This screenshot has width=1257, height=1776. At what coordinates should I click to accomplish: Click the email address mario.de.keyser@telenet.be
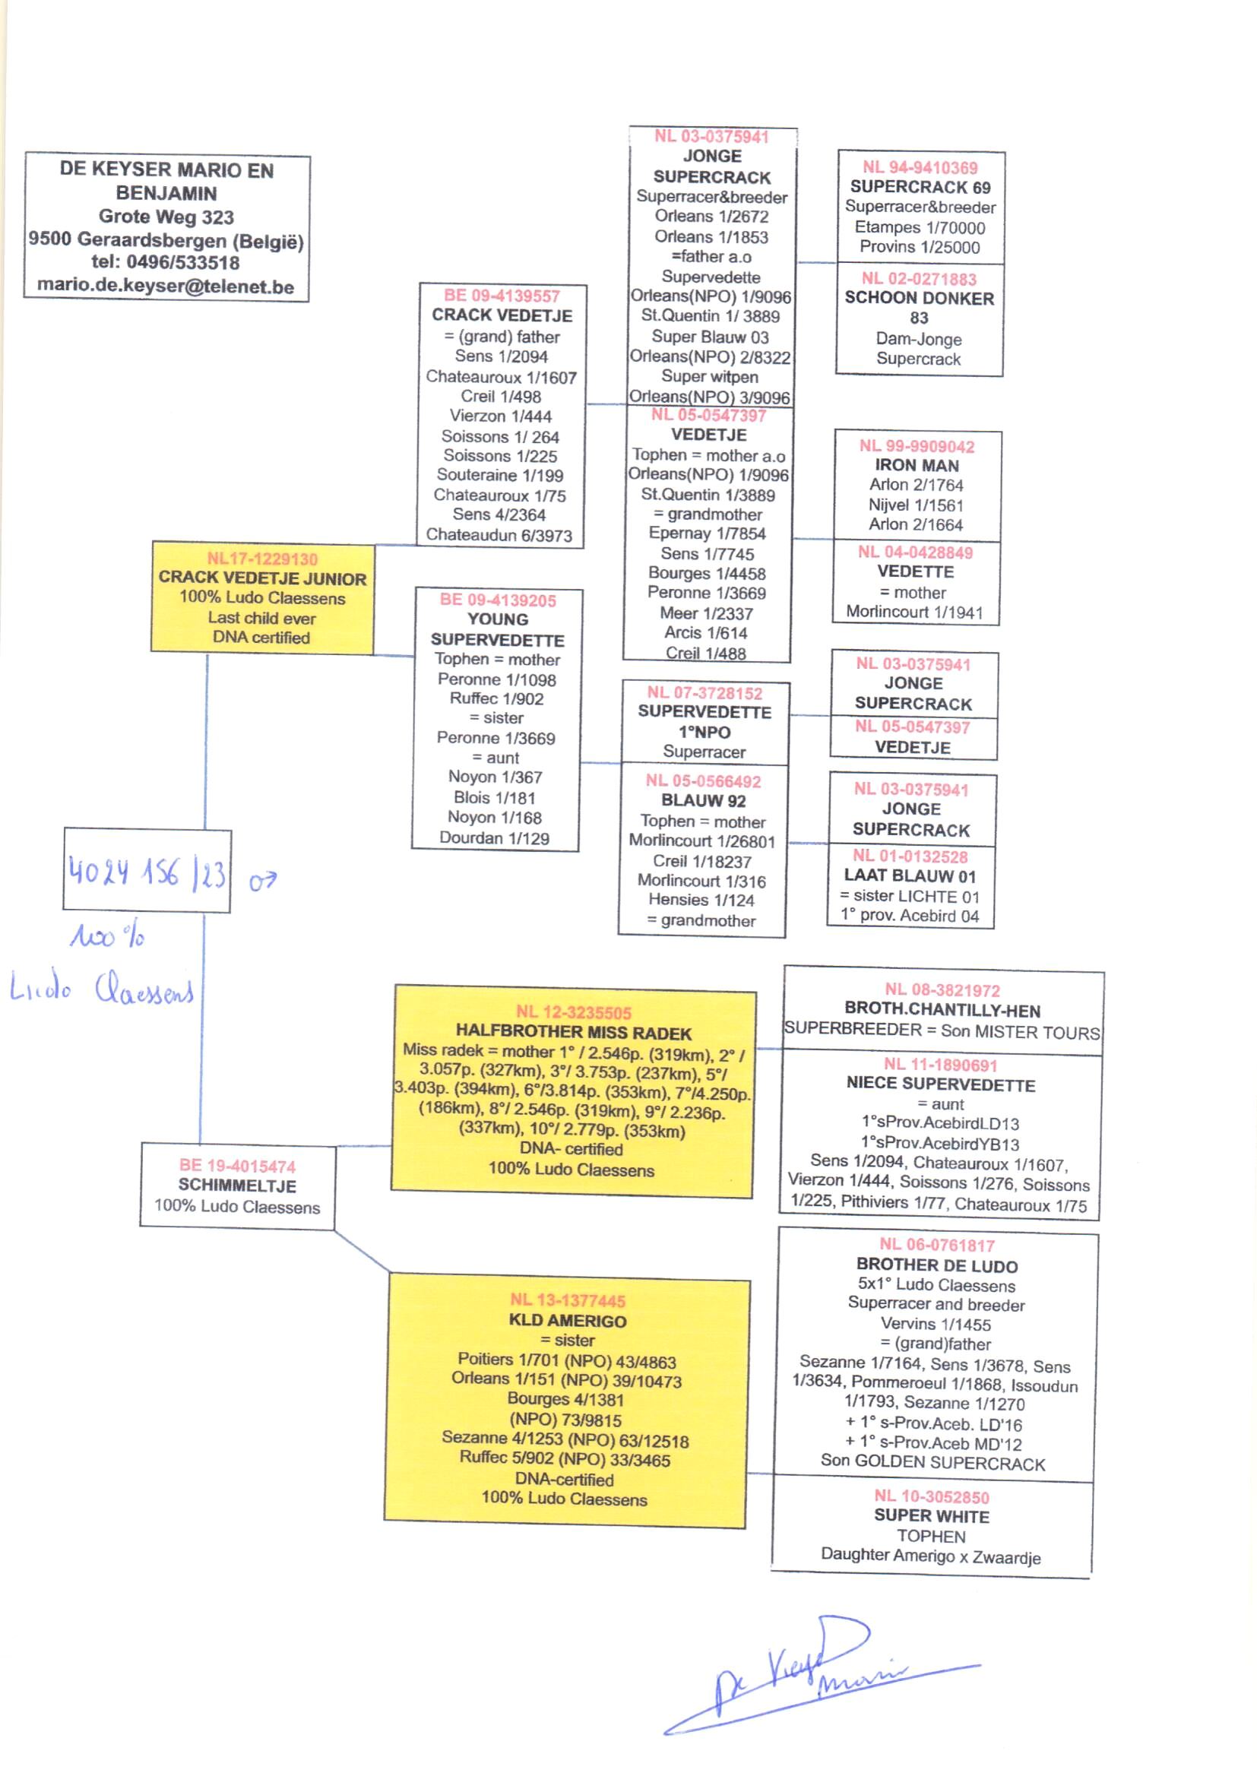pos(166,287)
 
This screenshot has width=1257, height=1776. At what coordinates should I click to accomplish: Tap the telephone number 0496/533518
pos(182,262)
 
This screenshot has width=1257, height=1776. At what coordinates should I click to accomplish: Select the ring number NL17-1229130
pos(261,559)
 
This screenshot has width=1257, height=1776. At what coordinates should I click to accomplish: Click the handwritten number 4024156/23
pos(147,872)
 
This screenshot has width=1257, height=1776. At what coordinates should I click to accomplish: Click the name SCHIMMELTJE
pos(237,1186)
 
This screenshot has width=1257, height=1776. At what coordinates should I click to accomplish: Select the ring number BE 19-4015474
pos(237,1166)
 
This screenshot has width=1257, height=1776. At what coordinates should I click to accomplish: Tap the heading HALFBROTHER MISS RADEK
pos(574,1032)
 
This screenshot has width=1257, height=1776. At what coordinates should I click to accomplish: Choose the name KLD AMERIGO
pos(568,1320)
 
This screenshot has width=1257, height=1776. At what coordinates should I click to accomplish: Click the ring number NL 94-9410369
pos(920,167)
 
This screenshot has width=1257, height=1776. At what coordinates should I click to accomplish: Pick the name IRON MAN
pos(917,465)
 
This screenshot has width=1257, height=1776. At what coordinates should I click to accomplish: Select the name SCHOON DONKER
pos(920,298)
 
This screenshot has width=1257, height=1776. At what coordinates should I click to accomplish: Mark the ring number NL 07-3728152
pos(704,692)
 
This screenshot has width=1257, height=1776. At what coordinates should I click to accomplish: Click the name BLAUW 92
pos(703,800)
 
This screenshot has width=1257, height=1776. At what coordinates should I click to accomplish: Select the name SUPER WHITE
pos(931,1515)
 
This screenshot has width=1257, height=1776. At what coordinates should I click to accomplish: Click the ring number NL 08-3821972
pos(942,989)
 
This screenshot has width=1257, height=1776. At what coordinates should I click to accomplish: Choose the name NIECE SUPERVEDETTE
pos(940,1084)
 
